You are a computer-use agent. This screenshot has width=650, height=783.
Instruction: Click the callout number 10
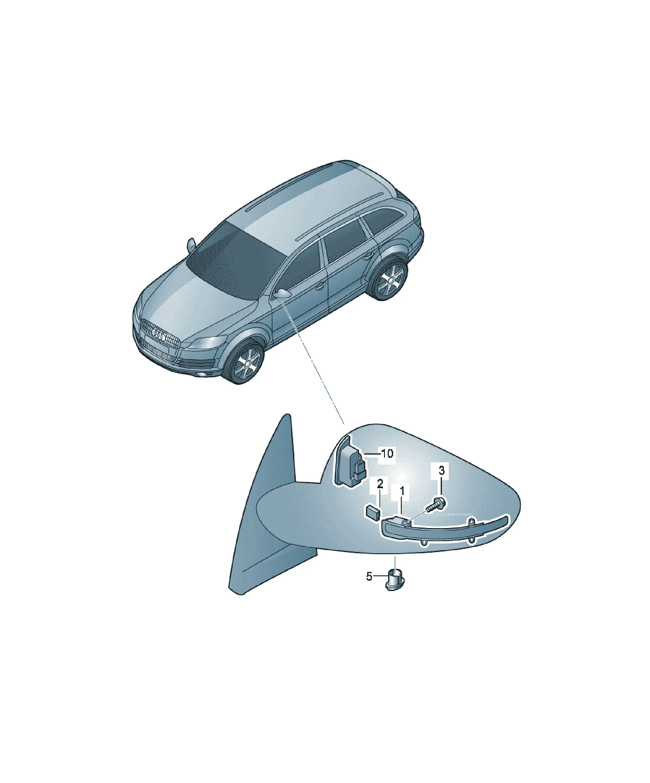tap(387, 454)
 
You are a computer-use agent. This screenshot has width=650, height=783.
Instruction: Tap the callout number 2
tap(380, 484)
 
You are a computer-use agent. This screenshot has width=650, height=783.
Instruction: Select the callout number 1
tap(402, 492)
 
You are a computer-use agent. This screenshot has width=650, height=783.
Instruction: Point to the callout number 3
tap(442, 471)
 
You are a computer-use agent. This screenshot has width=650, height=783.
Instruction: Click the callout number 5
tap(369, 577)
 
